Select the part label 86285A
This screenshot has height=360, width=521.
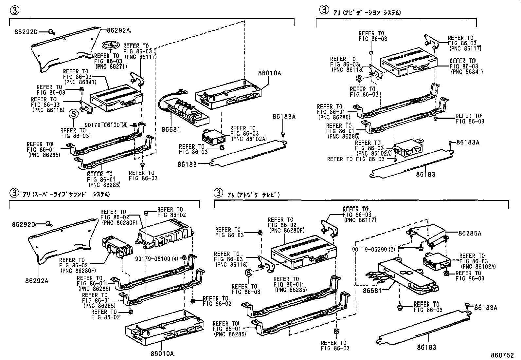click(x=470, y=233)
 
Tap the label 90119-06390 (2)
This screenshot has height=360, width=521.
click(x=373, y=249)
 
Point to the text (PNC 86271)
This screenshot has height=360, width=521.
click(x=111, y=66)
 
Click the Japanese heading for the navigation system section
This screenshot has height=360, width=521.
click(x=367, y=13)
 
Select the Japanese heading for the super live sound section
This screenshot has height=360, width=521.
click(x=66, y=194)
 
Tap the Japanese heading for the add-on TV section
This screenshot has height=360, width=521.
click(x=254, y=195)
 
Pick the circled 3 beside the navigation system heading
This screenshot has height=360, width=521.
click(x=324, y=10)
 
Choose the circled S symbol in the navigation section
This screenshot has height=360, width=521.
click(x=359, y=79)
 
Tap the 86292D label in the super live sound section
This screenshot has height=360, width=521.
click(x=23, y=224)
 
